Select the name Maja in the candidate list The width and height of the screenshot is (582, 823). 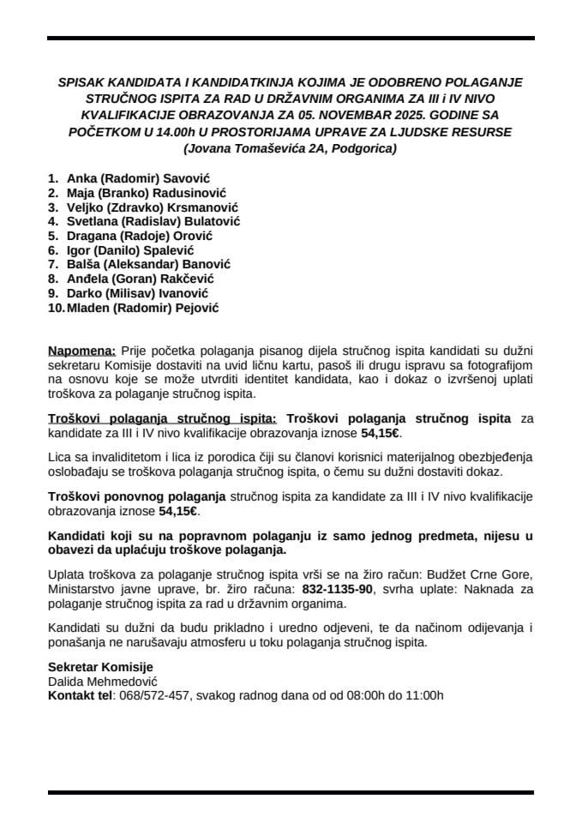pos(80,192)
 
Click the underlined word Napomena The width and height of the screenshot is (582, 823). pos(81,351)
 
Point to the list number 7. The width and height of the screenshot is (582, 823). pos(53,265)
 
